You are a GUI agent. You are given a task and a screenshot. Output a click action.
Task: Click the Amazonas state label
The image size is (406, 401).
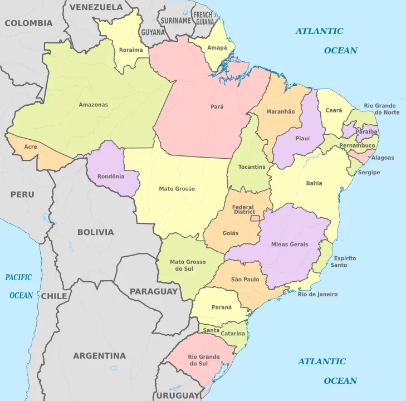(93, 105)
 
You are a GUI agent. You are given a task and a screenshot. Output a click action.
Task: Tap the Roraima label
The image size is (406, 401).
(131, 50)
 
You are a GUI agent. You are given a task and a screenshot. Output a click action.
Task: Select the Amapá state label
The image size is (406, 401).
(217, 48)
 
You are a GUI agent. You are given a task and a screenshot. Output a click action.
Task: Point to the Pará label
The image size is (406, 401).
(217, 106)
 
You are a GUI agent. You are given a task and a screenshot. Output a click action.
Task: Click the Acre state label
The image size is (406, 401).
(31, 146)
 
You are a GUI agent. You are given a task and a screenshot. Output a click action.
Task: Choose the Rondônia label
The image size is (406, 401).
(110, 177)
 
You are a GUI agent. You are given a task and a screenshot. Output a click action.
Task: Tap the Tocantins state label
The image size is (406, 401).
(252, 167)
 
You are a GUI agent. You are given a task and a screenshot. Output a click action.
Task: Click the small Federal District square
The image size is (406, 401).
(256, 218)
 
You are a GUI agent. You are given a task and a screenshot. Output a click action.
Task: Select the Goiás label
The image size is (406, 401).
(230, 233)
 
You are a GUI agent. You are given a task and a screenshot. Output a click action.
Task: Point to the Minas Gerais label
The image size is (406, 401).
(289, 244)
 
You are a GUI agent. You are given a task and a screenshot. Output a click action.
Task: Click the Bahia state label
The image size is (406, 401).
(314, 183)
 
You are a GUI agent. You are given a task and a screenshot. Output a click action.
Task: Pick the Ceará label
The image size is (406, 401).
(334, 111)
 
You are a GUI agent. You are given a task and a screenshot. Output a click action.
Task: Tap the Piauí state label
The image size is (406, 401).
(302, 138)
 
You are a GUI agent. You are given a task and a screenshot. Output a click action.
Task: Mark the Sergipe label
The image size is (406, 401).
(369, 173)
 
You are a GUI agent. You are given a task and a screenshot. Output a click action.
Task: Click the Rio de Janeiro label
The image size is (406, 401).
(317, 294)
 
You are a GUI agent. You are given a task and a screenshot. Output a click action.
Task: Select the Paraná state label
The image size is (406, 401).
(221, 307)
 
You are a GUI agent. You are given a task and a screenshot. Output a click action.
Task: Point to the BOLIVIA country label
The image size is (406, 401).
(95, 232)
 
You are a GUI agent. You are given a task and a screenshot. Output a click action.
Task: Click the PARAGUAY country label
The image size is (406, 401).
(154, 291)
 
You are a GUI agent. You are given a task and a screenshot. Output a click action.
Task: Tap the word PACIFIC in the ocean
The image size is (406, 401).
(19, 277)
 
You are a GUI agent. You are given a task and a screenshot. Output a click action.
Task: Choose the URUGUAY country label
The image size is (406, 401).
(178, 395)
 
